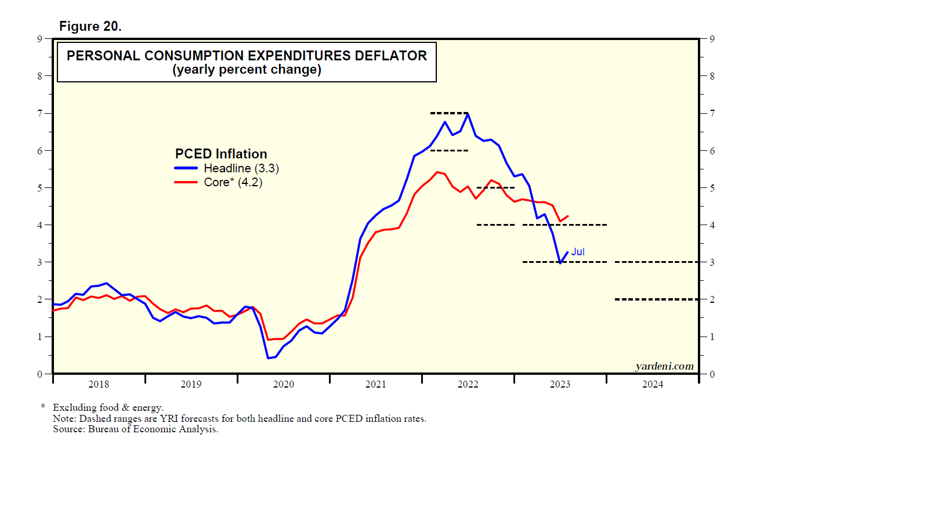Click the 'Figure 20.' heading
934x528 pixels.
point(90,26)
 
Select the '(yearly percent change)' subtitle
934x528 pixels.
point(247,70)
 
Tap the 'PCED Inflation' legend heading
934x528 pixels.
point(221,154)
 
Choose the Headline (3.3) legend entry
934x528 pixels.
point(241,168)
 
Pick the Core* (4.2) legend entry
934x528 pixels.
point(233,182)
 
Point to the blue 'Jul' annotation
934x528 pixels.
point(578,252)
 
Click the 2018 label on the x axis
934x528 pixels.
point(99,384)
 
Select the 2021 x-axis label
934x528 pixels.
point(375,384)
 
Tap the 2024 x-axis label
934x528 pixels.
point(652,384)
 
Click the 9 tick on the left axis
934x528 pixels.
point(40,39)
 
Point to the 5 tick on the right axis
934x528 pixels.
point(712,188)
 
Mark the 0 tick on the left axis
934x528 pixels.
point(40,374)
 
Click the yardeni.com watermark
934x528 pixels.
point(664,366)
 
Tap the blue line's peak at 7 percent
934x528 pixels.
point(468,114)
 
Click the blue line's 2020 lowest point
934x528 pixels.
point(269,357)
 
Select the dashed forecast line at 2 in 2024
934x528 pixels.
point(656,299)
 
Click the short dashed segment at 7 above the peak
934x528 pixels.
point(449,113)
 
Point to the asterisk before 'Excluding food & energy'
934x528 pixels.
point(43,407)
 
